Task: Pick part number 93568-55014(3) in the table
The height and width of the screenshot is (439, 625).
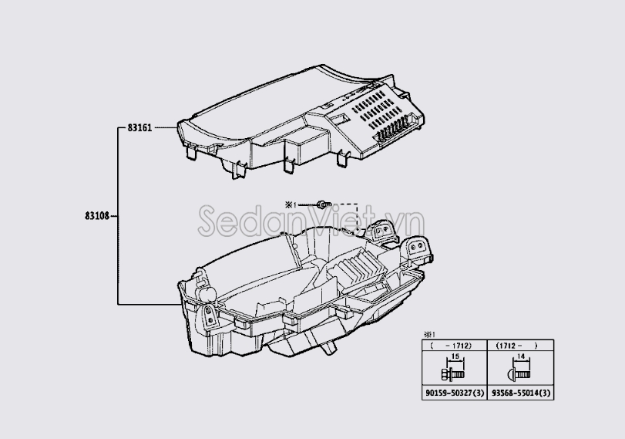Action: coord(521,393)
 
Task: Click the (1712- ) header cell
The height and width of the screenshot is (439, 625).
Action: coord(519,346)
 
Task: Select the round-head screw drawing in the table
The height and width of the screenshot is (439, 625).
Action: coord(517,373)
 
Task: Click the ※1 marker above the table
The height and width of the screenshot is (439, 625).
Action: coord(426,335)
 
